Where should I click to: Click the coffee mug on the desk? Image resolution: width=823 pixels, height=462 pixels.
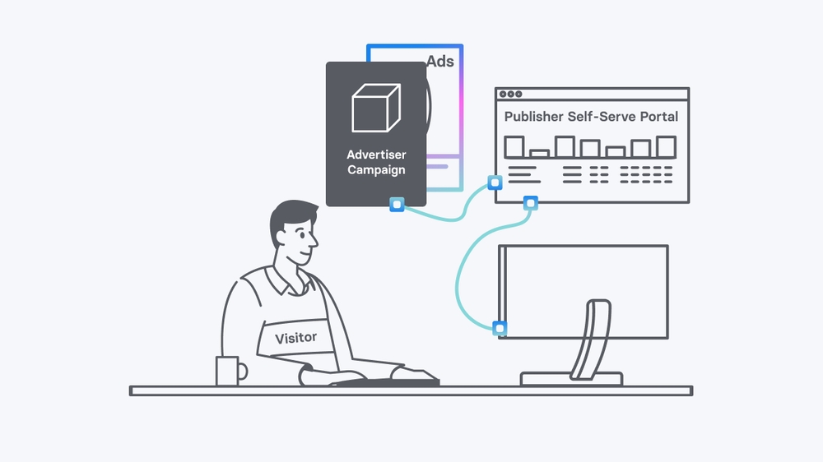228,371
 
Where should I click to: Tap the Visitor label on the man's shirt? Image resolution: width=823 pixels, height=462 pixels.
296,337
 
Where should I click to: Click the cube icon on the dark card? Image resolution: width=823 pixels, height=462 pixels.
376,108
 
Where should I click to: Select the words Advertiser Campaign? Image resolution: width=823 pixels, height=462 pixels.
376,162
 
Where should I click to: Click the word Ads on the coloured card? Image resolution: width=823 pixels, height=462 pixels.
440,61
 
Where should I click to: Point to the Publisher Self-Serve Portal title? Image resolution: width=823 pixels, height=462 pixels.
591,117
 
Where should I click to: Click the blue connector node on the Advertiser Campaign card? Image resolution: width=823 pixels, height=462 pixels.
397,204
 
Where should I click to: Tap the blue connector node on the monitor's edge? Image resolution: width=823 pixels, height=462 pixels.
500,329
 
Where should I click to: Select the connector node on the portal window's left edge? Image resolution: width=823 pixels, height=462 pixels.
495,182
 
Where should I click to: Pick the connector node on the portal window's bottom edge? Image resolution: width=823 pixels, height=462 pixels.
531,202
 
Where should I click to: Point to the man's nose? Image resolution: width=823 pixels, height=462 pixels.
314,241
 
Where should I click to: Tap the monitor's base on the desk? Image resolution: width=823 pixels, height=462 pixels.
571,378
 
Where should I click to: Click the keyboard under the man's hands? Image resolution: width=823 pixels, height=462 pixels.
387,381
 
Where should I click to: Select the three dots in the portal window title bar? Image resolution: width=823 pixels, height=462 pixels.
512,95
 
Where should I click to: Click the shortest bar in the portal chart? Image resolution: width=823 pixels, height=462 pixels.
540,153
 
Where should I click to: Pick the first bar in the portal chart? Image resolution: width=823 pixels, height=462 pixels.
514,146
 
